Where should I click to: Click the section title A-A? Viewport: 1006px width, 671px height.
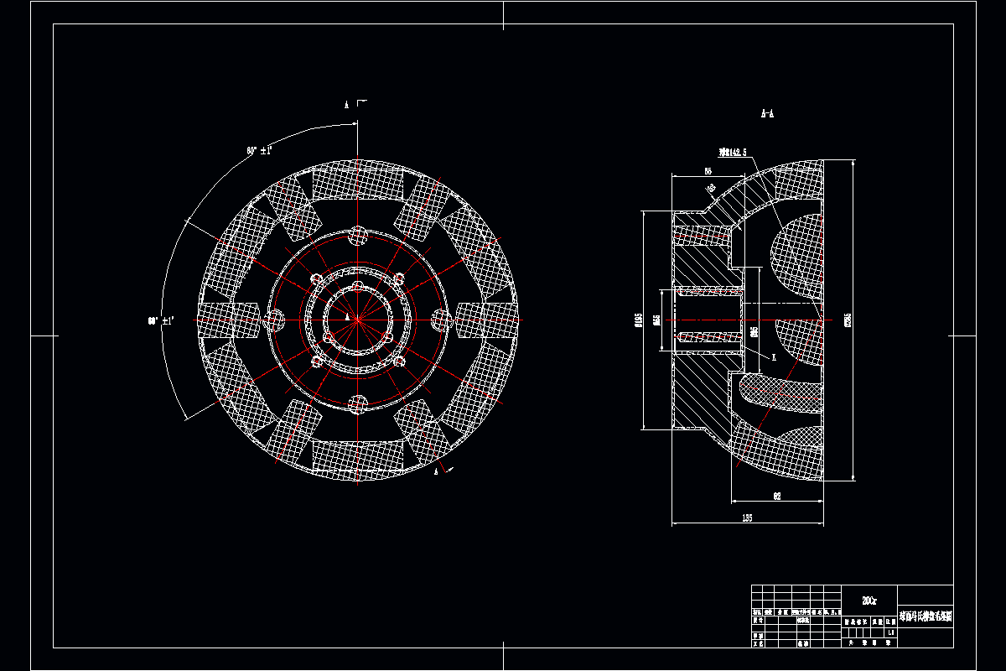[x=767, y=112]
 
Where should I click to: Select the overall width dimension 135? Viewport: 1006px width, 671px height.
[x=747, y=518]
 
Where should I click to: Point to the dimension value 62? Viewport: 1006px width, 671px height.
[x=777, y=497]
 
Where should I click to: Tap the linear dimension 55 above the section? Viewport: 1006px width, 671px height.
[x=696, y=170]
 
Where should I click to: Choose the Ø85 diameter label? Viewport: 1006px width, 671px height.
[x=754, y=332]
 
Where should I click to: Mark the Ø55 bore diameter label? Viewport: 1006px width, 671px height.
[x=657, y=320]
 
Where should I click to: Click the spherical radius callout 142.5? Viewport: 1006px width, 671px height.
[x=732, y=153]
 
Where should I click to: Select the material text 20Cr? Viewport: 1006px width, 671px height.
[x=869, y=600]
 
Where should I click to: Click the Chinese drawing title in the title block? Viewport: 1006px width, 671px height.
[x=926, y=616]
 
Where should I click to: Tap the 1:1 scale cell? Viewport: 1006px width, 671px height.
[x=889, y=632]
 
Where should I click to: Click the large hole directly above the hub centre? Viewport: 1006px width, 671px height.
[x=358, y=236]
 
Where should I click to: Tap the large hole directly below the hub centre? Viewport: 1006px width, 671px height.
[x=358, y=403]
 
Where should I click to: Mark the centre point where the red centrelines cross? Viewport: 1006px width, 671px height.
[x=357, y=319]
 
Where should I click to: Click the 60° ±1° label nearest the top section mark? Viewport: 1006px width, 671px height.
[x=259, y=151]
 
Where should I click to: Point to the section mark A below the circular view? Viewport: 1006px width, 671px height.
[x=437, y=471]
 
